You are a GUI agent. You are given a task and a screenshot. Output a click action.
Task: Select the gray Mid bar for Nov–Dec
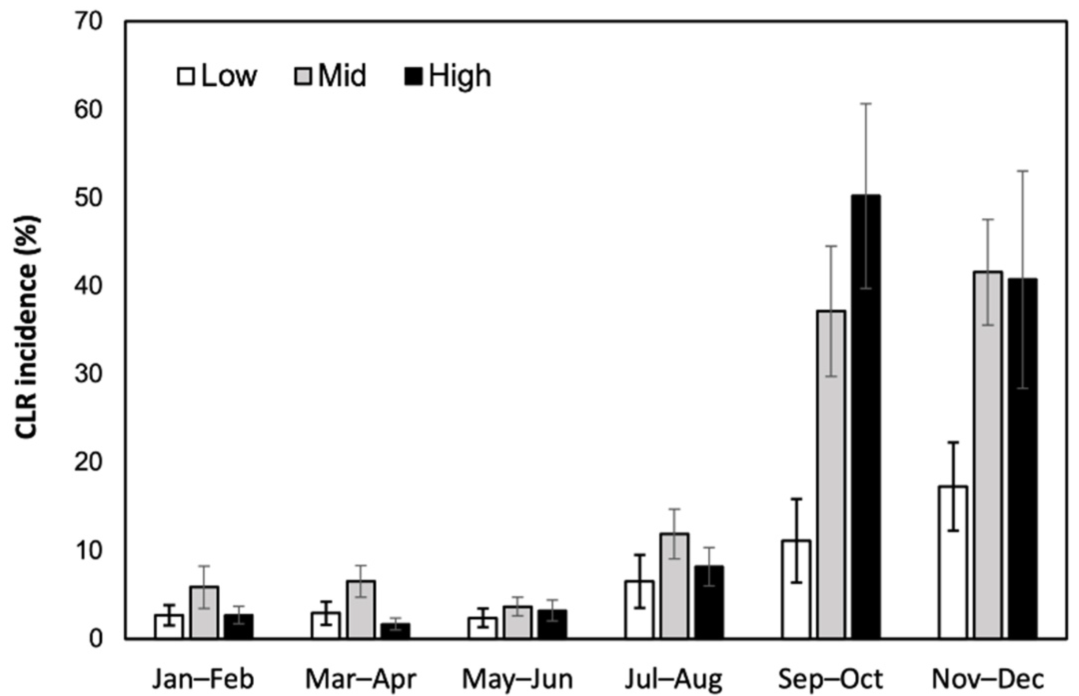988,455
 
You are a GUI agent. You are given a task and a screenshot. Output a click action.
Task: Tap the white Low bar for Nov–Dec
953,562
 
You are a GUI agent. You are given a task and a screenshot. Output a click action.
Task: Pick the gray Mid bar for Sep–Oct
831,474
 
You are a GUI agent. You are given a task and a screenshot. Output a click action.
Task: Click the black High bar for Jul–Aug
709,602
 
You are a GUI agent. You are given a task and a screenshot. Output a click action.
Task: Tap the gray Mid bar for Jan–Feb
204,612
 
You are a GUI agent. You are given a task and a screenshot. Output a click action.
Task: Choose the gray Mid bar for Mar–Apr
361,609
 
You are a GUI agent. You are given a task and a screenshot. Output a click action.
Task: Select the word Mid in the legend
342,76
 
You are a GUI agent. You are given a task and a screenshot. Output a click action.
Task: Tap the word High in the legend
460,76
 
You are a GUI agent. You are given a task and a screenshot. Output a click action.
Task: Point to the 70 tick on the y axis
88,21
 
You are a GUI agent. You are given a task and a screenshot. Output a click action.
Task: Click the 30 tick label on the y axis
88,374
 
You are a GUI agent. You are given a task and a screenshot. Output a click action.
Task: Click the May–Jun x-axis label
517,679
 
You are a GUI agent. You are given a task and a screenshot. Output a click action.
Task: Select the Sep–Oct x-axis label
830,679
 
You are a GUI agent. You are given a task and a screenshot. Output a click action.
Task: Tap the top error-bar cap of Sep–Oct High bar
866,103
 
